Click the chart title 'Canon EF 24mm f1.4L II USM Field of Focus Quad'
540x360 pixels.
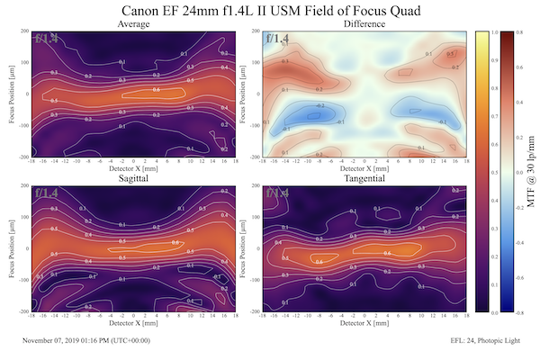point(269,10)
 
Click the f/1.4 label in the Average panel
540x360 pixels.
point(48,39)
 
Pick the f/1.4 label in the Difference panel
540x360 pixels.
point(277,39)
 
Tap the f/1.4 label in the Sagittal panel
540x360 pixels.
point(48,193)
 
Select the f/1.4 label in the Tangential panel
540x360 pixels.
point(277,193)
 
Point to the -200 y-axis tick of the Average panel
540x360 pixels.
point(21,156)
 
